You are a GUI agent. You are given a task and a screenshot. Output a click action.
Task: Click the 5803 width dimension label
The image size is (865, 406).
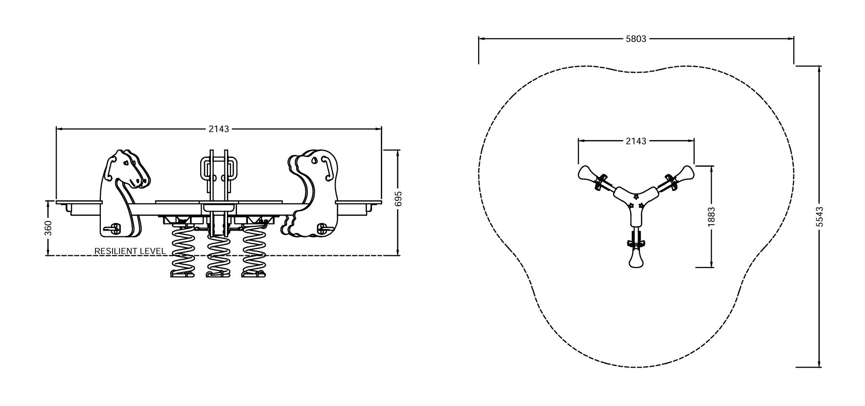pyautogui.click(x=636, y=39)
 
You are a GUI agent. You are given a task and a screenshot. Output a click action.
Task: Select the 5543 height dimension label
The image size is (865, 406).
pyautogui.click(x=820, y=216)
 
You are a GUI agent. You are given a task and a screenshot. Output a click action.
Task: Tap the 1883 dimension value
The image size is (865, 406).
pyautogui.click(x=711, y=216)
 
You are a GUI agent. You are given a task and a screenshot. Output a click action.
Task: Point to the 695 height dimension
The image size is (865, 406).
pyautogui.click(x=398, y=199)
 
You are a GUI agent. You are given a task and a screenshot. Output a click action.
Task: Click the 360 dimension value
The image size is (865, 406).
pyautogui.click(x=48, y=228)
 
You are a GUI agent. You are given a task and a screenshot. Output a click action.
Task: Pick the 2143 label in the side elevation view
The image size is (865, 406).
pyautogui.click(x=219, y=129)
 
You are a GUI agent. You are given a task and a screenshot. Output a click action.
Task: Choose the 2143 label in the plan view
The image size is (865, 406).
pyautogui.click(x=636, y=141)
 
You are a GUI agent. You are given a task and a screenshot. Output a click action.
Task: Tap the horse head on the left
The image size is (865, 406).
pyautogui.click(x=126, y=169)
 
